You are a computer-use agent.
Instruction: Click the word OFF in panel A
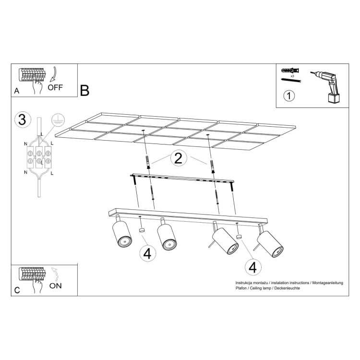click(x=56, y=88)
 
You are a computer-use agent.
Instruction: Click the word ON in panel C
click(x=55, y=286)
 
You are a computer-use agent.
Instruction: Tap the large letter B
click(x=85, y=90)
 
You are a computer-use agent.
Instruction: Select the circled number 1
click(x=289, y=96)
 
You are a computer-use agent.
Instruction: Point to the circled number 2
click(x=178, y=159)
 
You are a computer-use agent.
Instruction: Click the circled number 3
click(x=21, y=120)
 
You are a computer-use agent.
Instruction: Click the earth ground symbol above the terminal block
click(x=58, y=120)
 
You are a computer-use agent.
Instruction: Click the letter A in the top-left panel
click(x=17, y=90)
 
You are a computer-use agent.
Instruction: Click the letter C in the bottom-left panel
click(x=17, y=290)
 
